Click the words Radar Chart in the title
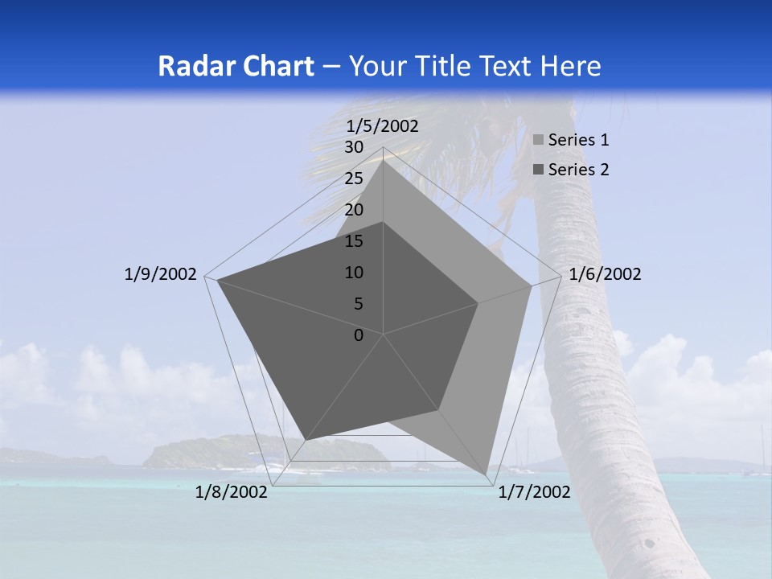(x=236, y=66)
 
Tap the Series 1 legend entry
(x=577, y=140)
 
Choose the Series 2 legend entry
(x=577, y=170)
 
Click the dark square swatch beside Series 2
(x=539, y=170)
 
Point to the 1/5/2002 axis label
(x=383, y=125)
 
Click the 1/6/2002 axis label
(x=605, y=274)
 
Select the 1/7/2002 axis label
(x=534, y=492)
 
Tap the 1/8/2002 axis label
(x=232, y=492)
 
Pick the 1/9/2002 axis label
(x=161, y=274)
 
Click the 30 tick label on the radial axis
(x=354, y=147)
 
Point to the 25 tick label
(x=354, y=179)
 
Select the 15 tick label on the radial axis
(x=354, y=241)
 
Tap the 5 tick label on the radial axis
(x=359, y=304)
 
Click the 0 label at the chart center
(x=359, y=335)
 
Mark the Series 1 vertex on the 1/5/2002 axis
(x=384, y=160)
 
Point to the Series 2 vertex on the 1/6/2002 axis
(x=478, y=303)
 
